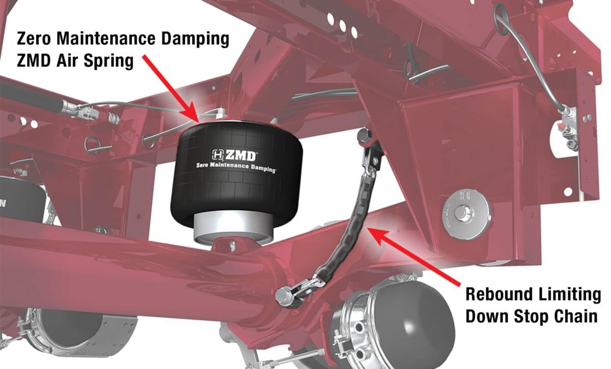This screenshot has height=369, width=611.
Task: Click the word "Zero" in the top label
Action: (34, 39)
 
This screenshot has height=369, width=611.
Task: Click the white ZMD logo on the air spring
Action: (235, 155)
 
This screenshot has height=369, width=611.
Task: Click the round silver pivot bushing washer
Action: (466, 214)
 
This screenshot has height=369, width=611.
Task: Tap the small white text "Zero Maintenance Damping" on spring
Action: (236, 167)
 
